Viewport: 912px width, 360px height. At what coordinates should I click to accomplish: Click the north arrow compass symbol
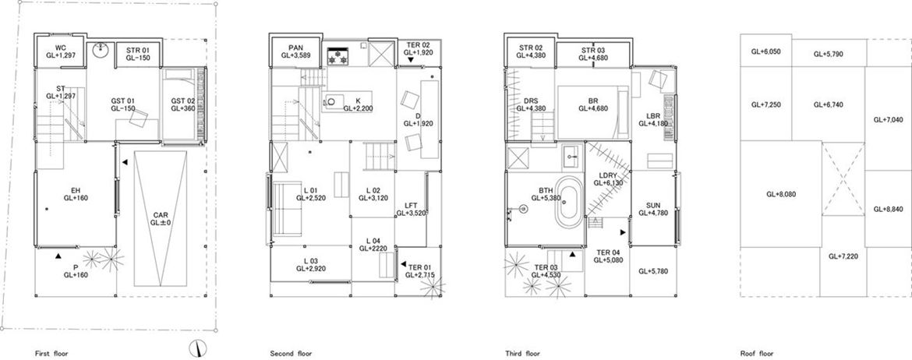198,348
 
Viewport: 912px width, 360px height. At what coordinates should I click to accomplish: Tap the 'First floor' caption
51,353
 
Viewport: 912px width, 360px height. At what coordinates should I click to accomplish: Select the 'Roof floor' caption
757,353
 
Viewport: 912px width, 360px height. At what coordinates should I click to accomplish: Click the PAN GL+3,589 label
295,51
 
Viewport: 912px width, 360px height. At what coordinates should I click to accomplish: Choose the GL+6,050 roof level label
765,51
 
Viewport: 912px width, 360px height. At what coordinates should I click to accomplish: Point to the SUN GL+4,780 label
654,210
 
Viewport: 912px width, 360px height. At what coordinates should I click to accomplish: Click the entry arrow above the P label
58,256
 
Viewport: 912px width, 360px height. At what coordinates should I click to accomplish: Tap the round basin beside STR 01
101,49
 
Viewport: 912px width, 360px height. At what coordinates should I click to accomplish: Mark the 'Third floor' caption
523,353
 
